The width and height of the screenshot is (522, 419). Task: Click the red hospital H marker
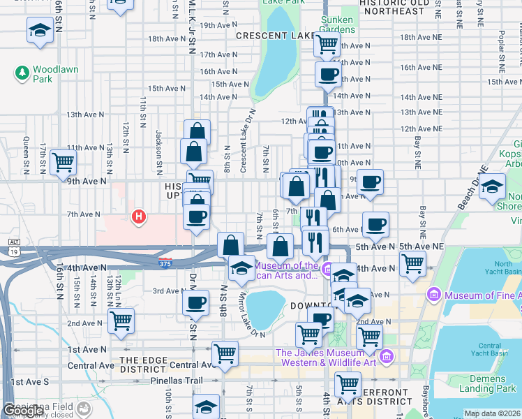(x=139, y=217)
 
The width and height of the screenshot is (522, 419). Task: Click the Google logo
(x=23, y=411)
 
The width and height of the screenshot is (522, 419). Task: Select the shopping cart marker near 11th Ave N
(x=62, y=162)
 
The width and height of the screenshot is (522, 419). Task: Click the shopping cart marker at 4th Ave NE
(x=412, y=263)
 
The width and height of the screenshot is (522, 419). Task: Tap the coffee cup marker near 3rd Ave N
(x=195, y=302)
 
